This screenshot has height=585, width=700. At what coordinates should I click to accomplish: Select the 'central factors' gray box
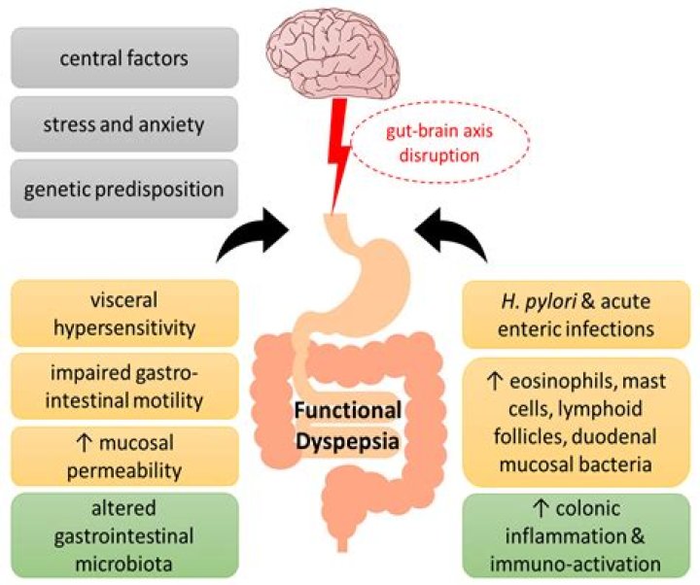point(123,59)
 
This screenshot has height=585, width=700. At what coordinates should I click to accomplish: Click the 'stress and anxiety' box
point(123,124)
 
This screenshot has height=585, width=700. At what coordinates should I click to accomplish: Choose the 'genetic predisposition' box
point(123,189)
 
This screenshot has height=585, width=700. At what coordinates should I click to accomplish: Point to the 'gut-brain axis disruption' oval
point(427,148)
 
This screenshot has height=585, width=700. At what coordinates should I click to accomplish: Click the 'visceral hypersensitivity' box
point(123,314)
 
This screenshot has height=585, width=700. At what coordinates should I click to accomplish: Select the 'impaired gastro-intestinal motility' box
point(123,386)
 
